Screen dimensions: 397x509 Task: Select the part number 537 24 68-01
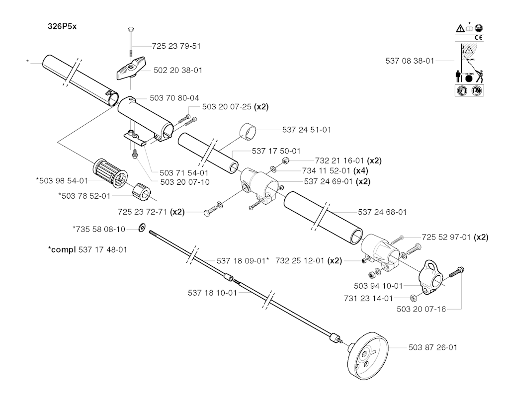382,212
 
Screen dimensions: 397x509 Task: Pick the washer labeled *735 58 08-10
142,228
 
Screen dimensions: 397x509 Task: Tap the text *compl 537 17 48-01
87,249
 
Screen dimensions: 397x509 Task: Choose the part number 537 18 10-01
212,293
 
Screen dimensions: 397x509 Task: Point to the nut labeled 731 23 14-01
413,298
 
